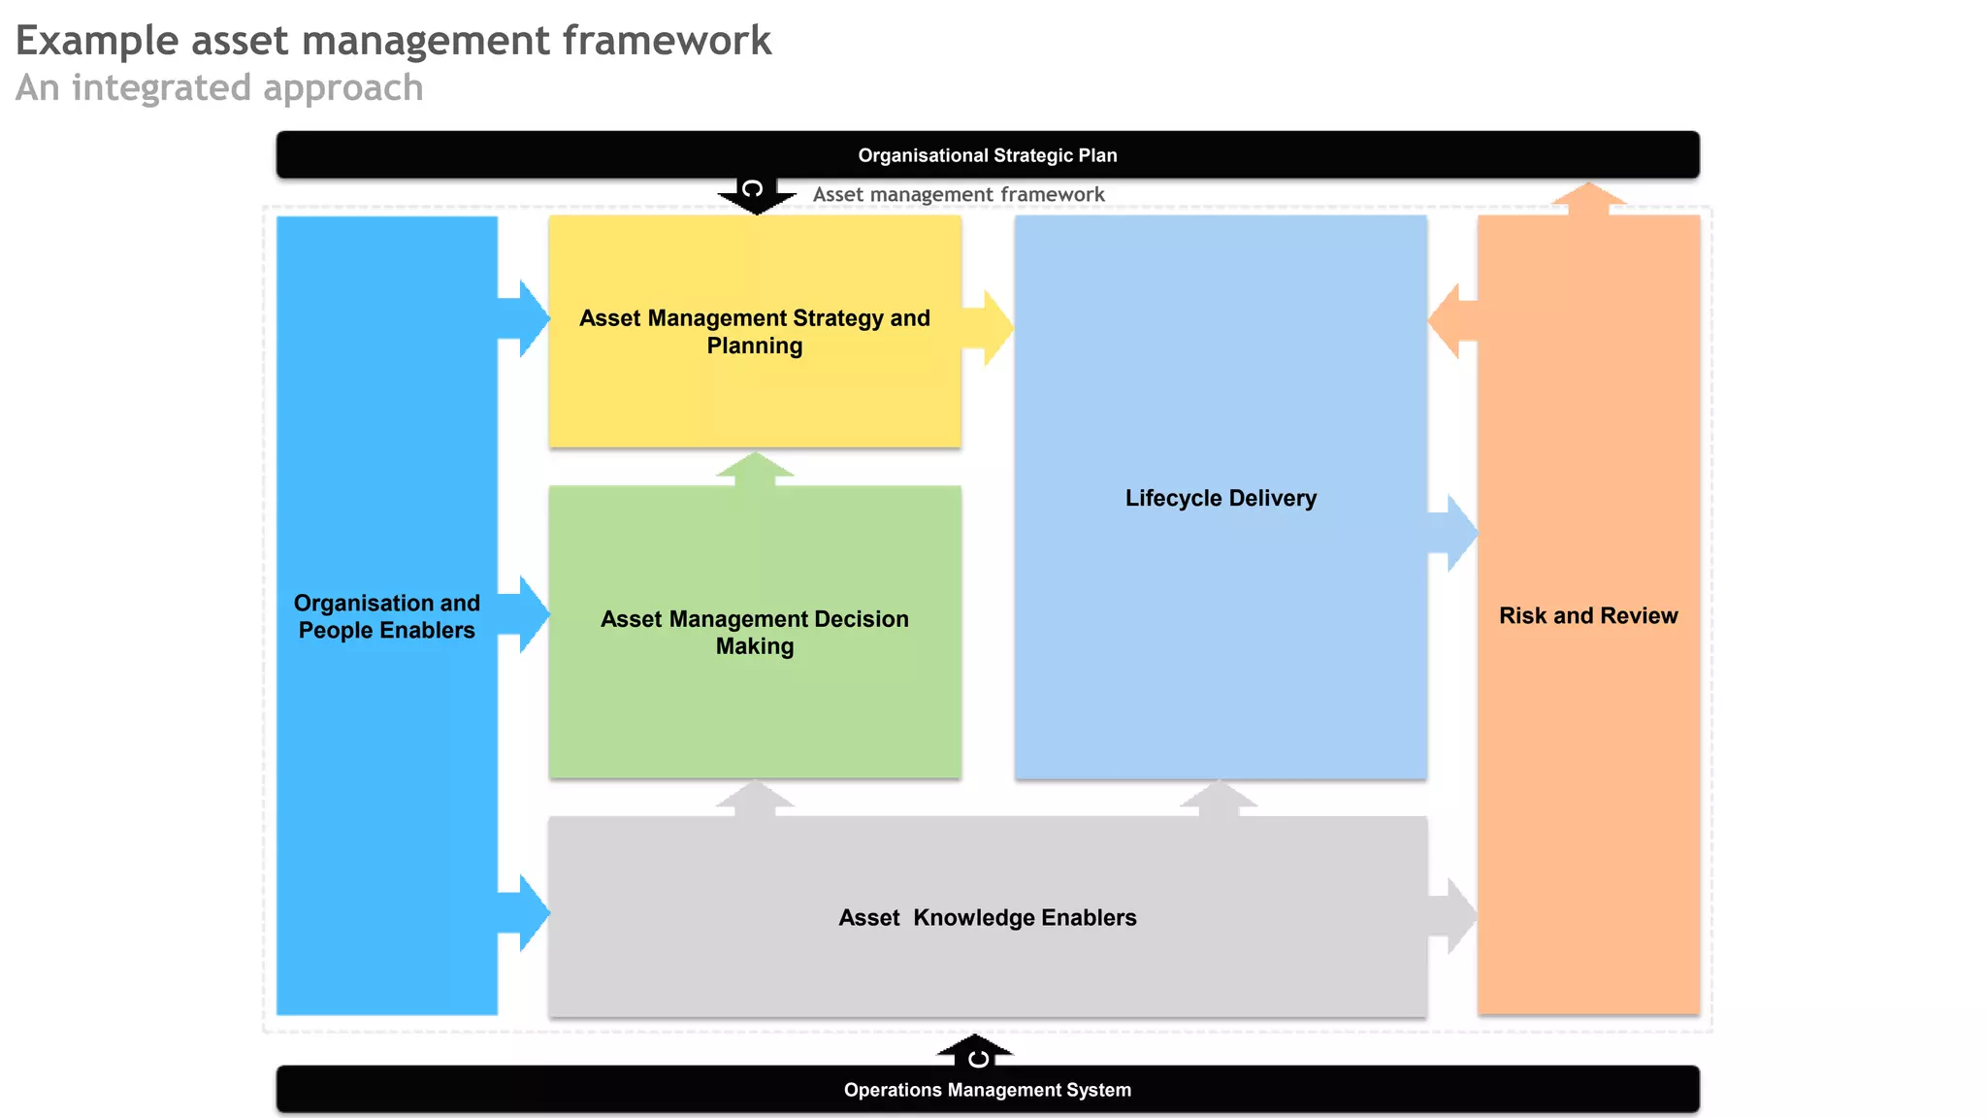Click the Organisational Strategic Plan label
[x=987, y=155]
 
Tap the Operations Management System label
[x=987, y=1090]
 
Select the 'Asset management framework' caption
[x=959, y=194]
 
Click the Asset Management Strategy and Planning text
[x=755, y=332]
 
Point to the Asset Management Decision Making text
[x=755, y=633]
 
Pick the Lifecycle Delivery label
[x=1221, y=498]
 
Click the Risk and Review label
[x=1588, y=615]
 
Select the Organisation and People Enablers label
[x=387, y=616]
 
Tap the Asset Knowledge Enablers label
[x=987, y=917]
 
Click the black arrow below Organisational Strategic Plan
[x=756, y=194]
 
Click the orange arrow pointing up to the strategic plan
[x=1588, y=198]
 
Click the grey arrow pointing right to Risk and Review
[x=1453, y=916]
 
